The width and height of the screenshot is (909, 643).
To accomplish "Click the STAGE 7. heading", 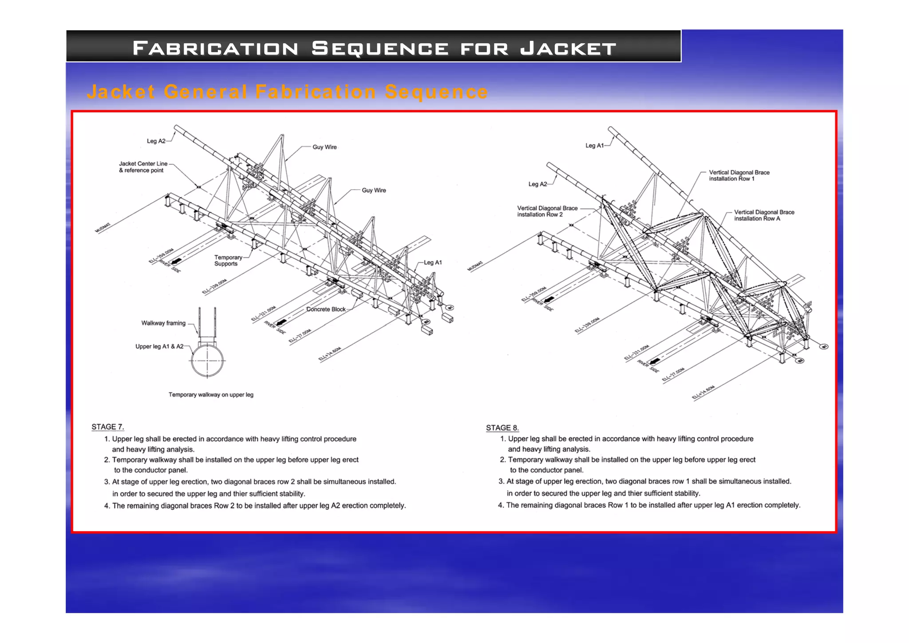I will point(107,427).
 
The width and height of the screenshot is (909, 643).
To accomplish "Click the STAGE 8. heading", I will point(502,428).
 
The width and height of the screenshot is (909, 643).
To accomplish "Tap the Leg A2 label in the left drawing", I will point(156,141).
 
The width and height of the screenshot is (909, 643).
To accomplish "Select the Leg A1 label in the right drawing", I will point(594,146).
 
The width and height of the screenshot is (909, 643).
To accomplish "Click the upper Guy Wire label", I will point(324,147).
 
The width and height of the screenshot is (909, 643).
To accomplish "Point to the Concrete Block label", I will point(326,309).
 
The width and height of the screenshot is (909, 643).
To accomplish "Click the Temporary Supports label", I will point(228,260).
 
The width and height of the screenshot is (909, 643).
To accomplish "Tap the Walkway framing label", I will point(163,323).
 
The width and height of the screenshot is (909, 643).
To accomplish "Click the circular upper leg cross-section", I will point(207,361).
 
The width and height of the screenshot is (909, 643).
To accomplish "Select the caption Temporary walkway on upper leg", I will point(211,394).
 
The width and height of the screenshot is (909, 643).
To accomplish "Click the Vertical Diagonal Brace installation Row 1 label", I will point(739,175).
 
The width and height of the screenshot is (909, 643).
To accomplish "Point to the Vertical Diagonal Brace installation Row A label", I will point(764,215).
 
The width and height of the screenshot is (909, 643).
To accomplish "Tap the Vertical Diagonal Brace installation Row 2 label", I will point(547,211).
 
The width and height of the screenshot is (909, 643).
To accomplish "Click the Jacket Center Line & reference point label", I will point(143,167).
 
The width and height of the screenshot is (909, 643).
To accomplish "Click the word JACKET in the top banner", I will point(568,48).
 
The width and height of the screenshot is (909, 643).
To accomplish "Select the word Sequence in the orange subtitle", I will point(436,92).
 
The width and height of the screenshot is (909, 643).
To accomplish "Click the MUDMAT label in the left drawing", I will point(103,228).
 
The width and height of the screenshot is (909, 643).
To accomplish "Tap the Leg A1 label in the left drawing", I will point(433,262).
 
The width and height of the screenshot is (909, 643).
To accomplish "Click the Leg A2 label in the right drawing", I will point(537,184).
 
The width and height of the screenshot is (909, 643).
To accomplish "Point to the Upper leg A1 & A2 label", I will point(159,346).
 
